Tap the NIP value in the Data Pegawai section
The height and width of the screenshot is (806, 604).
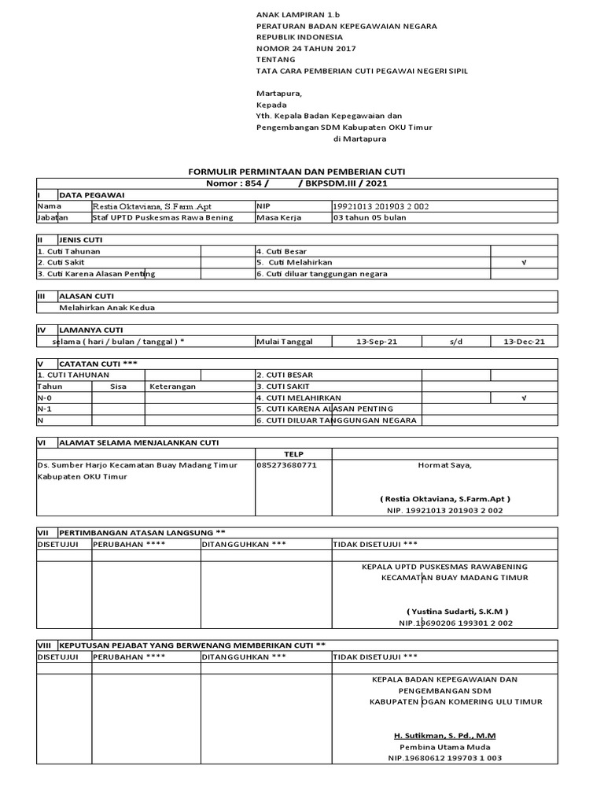click(x=381, y=206)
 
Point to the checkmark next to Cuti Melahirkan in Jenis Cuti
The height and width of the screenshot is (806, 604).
click(x=523, y=262)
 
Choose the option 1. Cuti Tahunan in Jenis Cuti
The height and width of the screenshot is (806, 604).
click(x=69, y=251)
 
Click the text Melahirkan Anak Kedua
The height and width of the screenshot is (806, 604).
click(x=106, y=308)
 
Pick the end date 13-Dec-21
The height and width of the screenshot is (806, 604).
click(x=524, y=342)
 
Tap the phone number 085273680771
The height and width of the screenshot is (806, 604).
click(x=287, y=465)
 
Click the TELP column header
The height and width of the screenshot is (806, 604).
click(x=293, y=454)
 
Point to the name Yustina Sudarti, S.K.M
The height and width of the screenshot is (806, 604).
click(x=457, y=611)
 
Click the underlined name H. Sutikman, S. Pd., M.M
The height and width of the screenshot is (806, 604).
click(x=444, y=735)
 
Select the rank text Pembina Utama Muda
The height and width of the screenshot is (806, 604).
click(x=444, y=746)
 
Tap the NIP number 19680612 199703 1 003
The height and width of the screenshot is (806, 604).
click(x=444, y=758)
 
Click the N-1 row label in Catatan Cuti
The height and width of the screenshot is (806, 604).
click(x=45, y=409)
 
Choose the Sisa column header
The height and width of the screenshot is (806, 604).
click(x=118, y=386)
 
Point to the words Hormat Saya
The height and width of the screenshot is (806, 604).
click(x=444, y=465)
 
